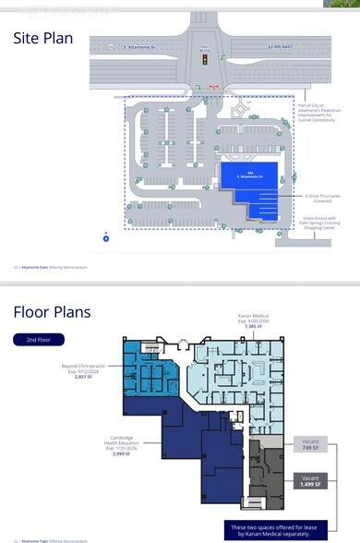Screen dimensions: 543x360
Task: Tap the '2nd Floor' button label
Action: (38, 340)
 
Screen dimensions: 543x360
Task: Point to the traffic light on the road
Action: (204, 59)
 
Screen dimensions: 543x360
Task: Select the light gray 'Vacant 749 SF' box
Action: (309, 446)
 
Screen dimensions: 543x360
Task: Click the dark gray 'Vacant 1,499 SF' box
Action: (309, 480)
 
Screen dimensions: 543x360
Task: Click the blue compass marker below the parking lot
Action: (106, 238)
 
